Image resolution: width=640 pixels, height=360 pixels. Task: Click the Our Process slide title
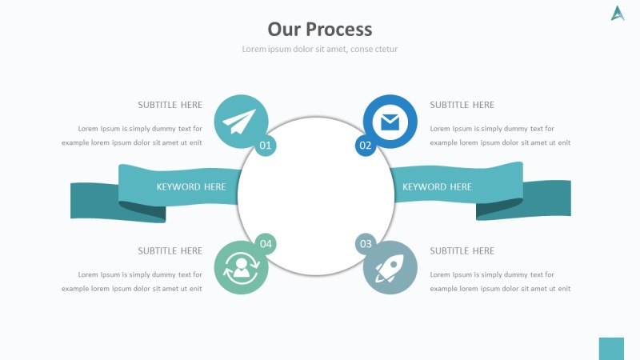(320, 30)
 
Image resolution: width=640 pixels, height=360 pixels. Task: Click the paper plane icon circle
(241, 122)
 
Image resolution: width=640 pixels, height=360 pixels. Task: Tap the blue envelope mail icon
(390, 122)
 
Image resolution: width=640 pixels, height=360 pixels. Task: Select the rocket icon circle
(390, 267)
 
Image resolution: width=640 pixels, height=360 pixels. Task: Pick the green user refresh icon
(241, 267)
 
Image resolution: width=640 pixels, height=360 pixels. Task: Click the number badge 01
(266, 145)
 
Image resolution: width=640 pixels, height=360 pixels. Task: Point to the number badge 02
(366, 145)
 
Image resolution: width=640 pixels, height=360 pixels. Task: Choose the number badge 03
(366, 244)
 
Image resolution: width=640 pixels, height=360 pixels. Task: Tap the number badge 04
(266, 244)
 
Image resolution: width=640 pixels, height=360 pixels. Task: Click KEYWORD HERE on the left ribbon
(191, 187)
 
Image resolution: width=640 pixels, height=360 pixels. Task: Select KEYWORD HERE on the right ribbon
(437, 187)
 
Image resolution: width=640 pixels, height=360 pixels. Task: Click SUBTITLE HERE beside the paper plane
(170, 105)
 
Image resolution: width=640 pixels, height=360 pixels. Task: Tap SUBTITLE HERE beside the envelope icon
(462, 105)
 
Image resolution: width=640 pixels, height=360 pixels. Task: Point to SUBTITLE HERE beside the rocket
(462, 251)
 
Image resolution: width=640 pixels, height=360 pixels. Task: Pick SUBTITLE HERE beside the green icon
(170, 251)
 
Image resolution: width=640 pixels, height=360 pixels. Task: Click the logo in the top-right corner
(618, 13)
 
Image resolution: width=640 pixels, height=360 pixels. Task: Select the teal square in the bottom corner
(611, 349)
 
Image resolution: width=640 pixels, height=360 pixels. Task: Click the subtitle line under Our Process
(320, 50)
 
